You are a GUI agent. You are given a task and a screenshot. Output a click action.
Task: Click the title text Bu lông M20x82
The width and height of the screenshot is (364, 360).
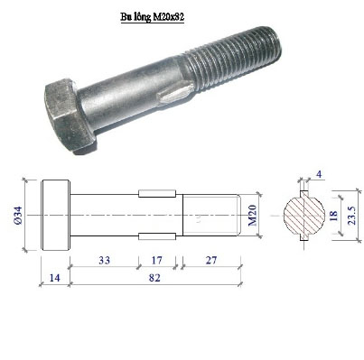coord(153,17)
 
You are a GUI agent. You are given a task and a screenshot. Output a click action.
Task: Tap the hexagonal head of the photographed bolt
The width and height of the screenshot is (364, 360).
coord(69,116)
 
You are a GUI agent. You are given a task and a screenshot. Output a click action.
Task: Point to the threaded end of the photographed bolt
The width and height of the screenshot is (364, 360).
coord(232,60)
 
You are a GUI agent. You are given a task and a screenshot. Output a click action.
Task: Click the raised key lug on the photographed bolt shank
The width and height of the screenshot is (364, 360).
coord(175,94)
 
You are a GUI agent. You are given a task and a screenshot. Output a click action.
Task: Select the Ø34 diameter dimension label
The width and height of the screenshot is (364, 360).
coord(18,216)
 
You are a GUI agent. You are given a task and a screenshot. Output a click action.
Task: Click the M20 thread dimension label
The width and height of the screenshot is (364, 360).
coord(252,216)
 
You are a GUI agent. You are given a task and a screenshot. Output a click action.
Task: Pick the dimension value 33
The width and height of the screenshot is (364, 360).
coord(105,260)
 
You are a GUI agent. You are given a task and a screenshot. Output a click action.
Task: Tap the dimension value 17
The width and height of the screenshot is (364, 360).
coord(156,260)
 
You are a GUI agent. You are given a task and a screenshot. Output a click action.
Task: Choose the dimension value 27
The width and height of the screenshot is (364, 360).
coord(211,260)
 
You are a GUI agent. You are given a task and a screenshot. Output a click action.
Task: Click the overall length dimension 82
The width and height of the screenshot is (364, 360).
coord(154,278)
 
